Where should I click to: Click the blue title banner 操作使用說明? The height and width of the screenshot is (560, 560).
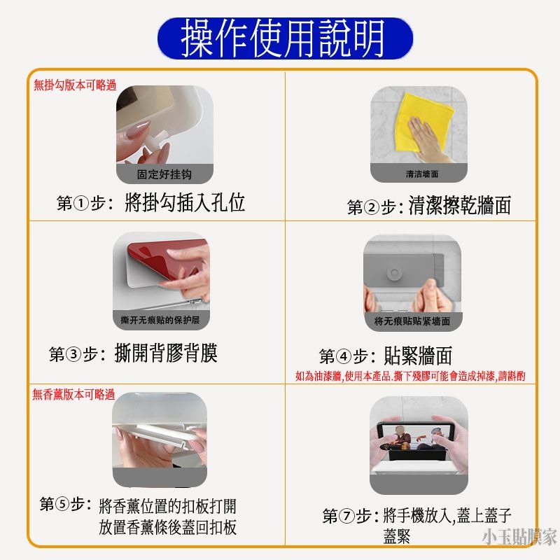point(283,38)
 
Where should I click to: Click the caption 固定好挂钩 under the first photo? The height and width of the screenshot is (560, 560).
point(163,174)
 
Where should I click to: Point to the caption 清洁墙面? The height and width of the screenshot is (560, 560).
point(421,174)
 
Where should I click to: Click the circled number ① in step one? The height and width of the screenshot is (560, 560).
point(81,204)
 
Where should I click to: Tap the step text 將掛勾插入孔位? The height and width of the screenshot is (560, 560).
point(184,203)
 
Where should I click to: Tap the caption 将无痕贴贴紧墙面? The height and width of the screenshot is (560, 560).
point(412,321)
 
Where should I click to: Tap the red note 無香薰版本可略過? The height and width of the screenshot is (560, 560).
point(73,395)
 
